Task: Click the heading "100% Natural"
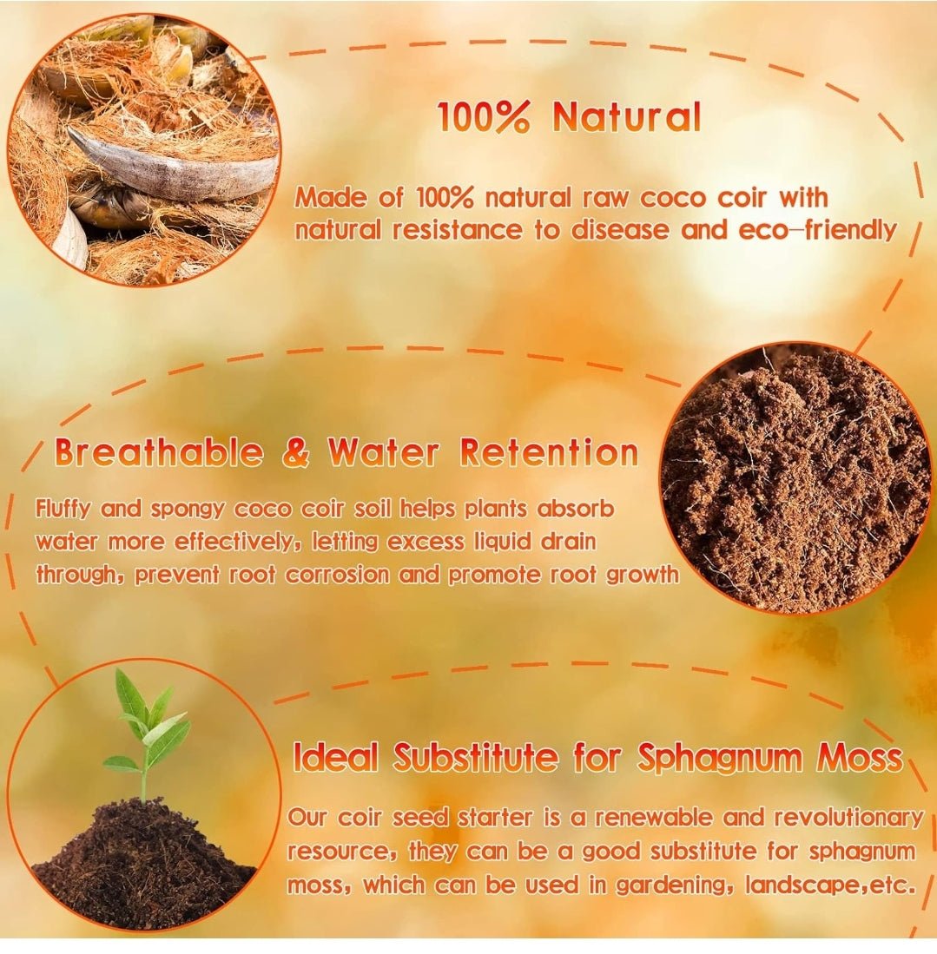(x=569, y=117)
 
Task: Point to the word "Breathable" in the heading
(x=158, y=453)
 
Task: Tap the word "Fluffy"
(x=66, y=509)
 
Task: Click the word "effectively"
(x=233, y=543)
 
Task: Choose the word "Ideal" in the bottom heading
(x=336, y=758)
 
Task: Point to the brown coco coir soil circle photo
(x=795, y=477)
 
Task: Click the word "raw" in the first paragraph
(x=604, y=198)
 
